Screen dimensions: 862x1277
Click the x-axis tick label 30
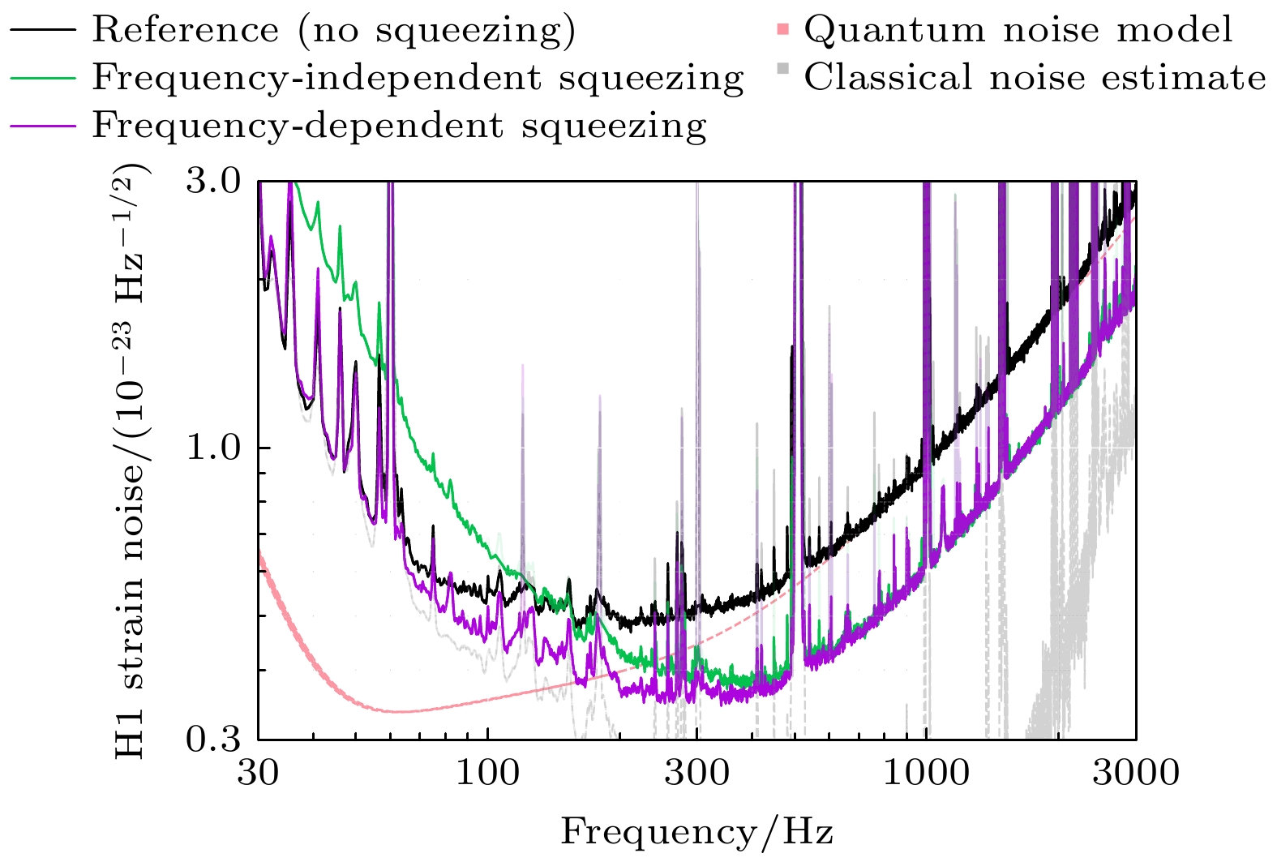coord(258,774)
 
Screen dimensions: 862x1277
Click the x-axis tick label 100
coord(487,774)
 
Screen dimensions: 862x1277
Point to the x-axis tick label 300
coord(696,774)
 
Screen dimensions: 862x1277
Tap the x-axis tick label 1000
coord(925,774)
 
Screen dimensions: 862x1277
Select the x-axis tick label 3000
coord(1135,774)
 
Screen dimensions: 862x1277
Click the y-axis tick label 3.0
coord(213,181)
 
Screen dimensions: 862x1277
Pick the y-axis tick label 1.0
coord(213,448)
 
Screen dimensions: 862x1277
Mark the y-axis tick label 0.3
coord(213,739)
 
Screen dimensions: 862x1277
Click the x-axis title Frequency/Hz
coord(696,832)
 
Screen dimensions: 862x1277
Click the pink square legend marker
coord(782,31)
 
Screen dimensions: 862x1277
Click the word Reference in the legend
coord(185,30)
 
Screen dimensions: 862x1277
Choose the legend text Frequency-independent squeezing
coord(418,78)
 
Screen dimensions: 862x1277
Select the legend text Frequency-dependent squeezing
coord(399,126)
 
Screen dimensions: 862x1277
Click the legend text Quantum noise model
coord(1018,30)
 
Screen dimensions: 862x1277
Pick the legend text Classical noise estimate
coord(1035,78)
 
